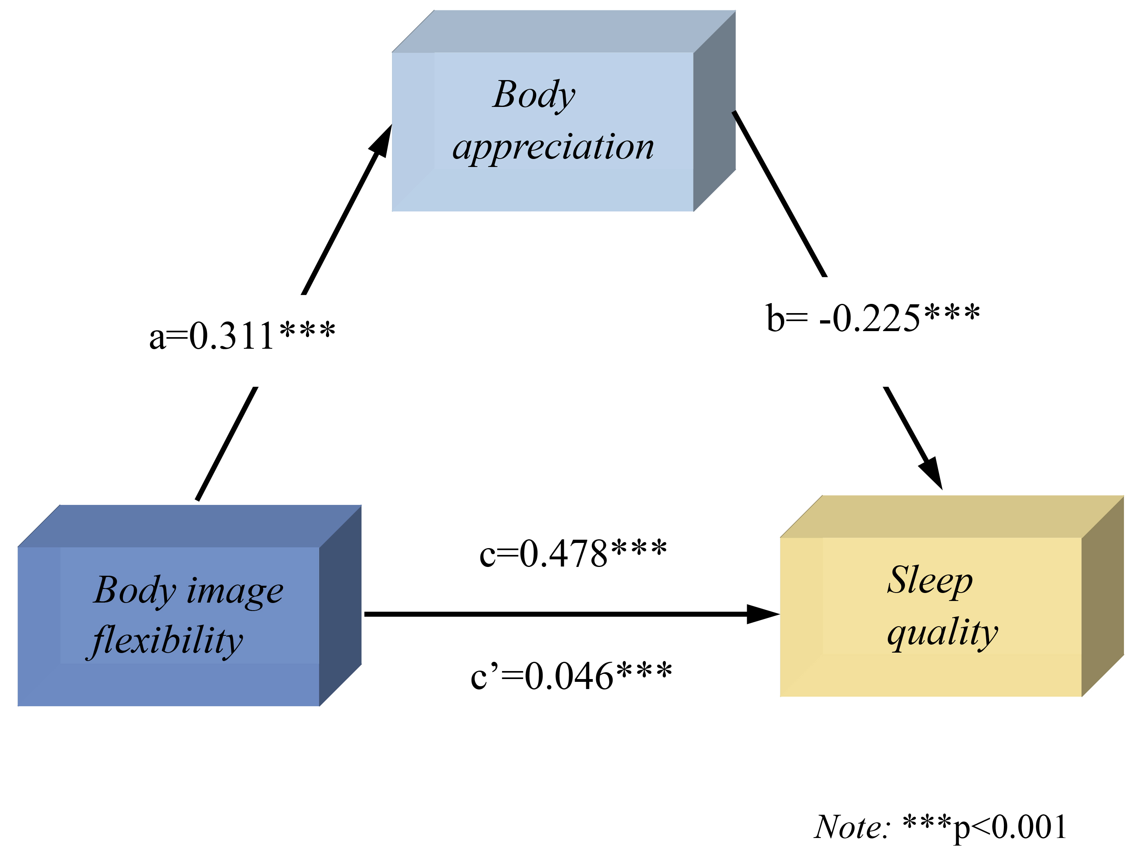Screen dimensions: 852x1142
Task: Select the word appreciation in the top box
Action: [x=553, y=147]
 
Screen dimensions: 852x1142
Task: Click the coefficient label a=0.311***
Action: [x=242, y=336]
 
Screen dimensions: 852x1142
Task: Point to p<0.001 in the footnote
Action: [x=1010, y=828]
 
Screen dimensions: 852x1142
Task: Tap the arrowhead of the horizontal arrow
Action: [x=762, y=614]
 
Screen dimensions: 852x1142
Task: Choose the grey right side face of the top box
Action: [x=714, y=111]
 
